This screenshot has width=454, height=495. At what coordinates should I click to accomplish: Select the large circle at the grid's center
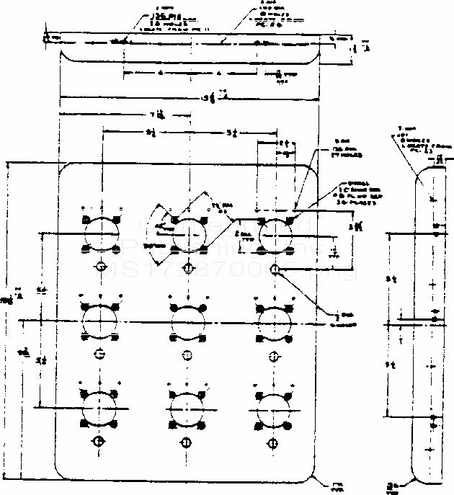click(187, 318)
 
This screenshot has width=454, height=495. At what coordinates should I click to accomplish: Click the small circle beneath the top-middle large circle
click(188, 268)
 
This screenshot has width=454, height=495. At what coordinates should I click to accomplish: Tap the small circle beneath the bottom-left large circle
click(100, 441)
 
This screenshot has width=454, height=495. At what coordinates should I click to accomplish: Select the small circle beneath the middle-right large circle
click(274, 354)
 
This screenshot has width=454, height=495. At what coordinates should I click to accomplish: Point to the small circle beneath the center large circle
click(187, 354)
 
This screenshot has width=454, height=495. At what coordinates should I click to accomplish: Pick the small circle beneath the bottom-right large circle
click(274, 441)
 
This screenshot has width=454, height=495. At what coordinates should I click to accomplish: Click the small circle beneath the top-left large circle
click(100, 268)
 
